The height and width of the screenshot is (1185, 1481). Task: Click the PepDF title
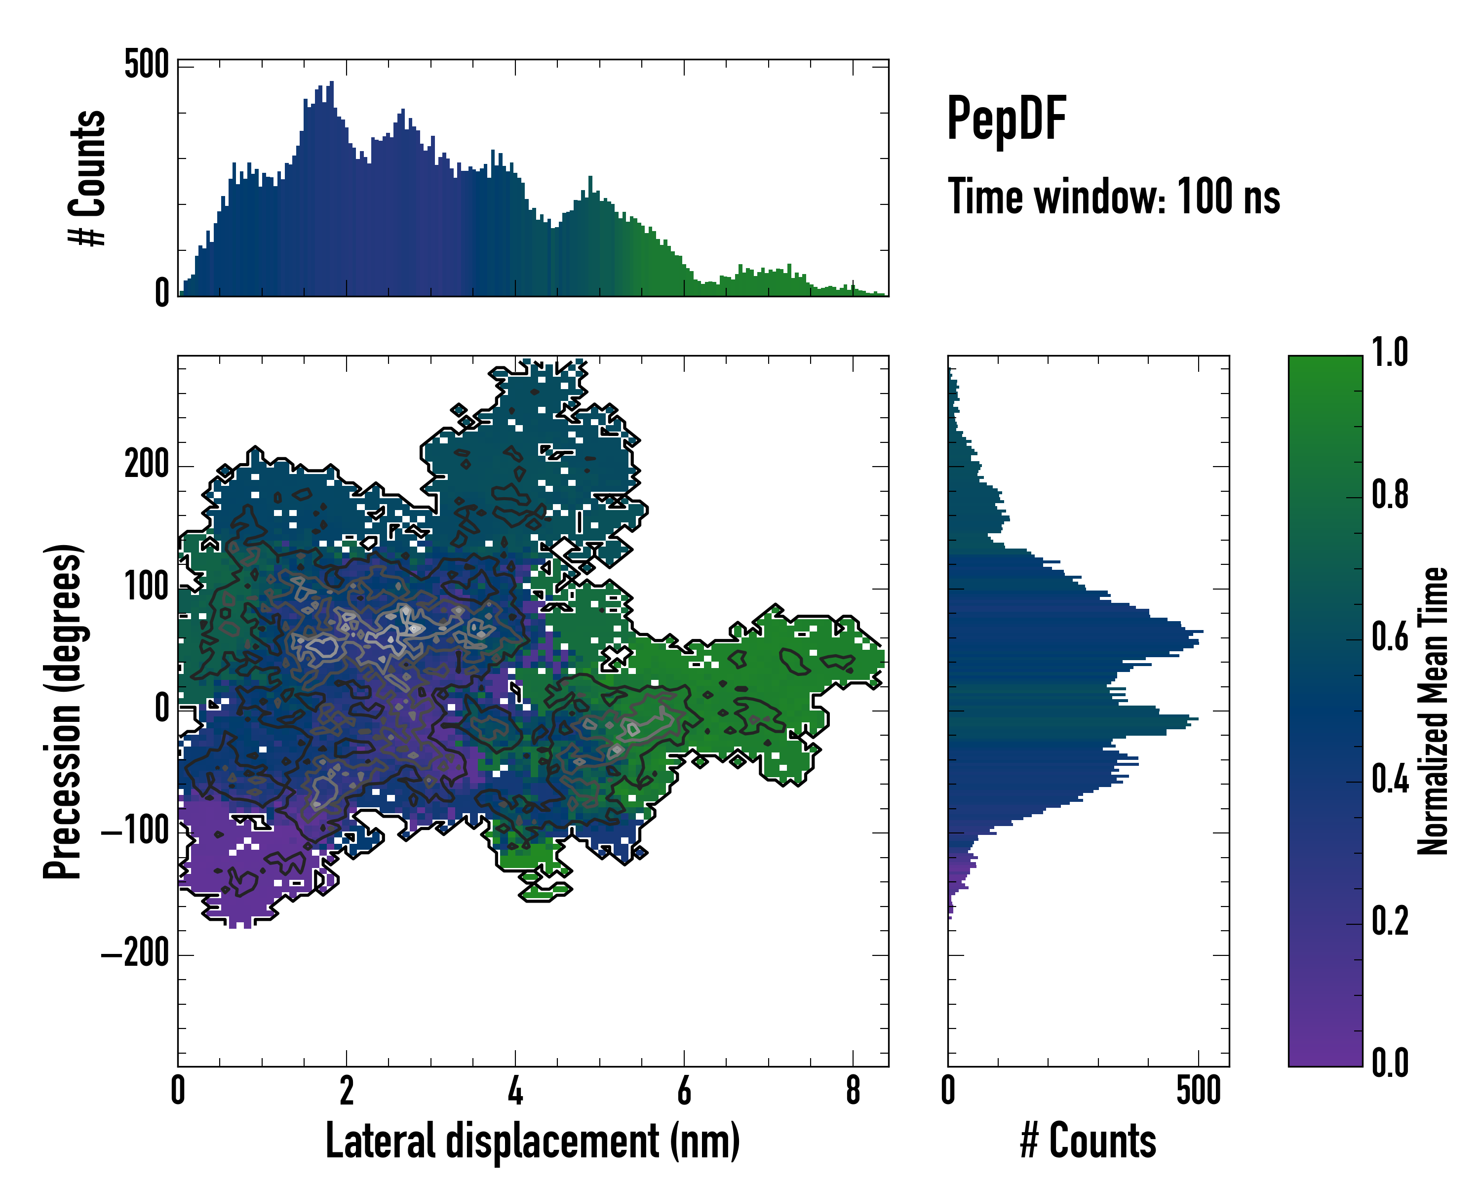(1006, 119)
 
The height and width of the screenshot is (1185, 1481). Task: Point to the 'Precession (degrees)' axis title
(63, 711)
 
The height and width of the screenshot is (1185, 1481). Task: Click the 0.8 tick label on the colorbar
(1390, 495)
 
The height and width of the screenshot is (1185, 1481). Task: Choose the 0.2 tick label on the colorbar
(1390, 921)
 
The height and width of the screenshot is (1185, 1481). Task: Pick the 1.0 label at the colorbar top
(1390, 353)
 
